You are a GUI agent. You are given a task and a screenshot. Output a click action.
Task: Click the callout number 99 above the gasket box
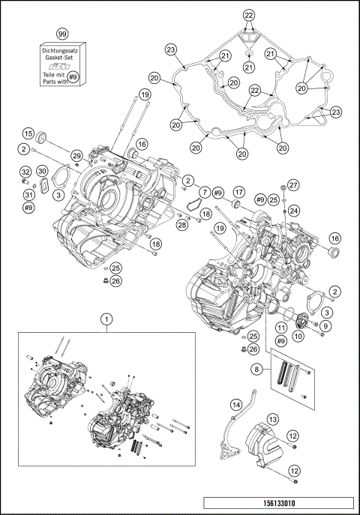(x=62, y=35)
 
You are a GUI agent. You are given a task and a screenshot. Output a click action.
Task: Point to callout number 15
(x=28, y=133)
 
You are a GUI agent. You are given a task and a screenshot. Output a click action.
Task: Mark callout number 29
(x=76, y=155)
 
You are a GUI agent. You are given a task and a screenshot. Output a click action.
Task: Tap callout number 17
(x=238, y=192)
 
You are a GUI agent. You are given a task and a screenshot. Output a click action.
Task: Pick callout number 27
(x=293, y=185)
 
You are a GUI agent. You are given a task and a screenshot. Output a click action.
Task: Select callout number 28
(x=181, y=225)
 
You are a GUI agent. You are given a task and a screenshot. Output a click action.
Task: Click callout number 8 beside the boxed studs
(x=258, y=370)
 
